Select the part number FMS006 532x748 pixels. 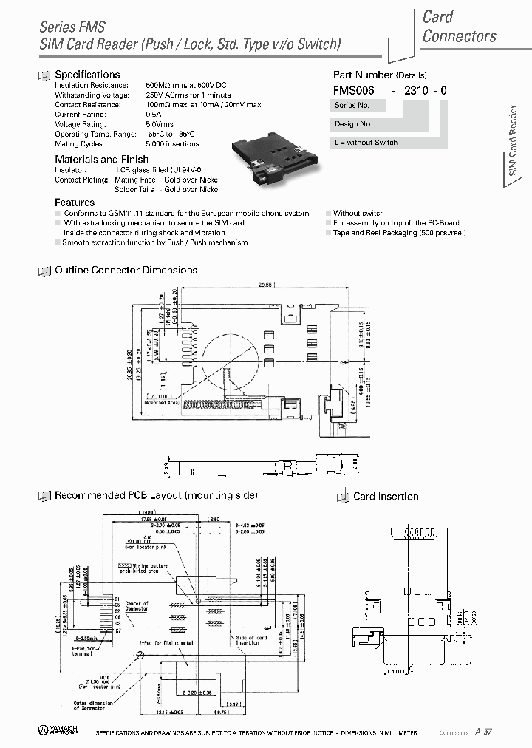pyautogui.click(x=354, y=90)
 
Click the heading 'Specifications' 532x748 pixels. pyautogui.click(x=87, y=75)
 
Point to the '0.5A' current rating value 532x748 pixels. pyautogui.click(x=153, y=115)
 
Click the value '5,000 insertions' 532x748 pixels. pyautogui.click(x=172, y=143)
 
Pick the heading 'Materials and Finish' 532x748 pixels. pyautogui.click(x=101, y=159)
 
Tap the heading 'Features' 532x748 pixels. pyautogui.click(x=75, y=203)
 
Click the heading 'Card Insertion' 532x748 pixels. pyautogui.click(x=386, y=497)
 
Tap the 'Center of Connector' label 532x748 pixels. pyautogui.click(x=136, y=606)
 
